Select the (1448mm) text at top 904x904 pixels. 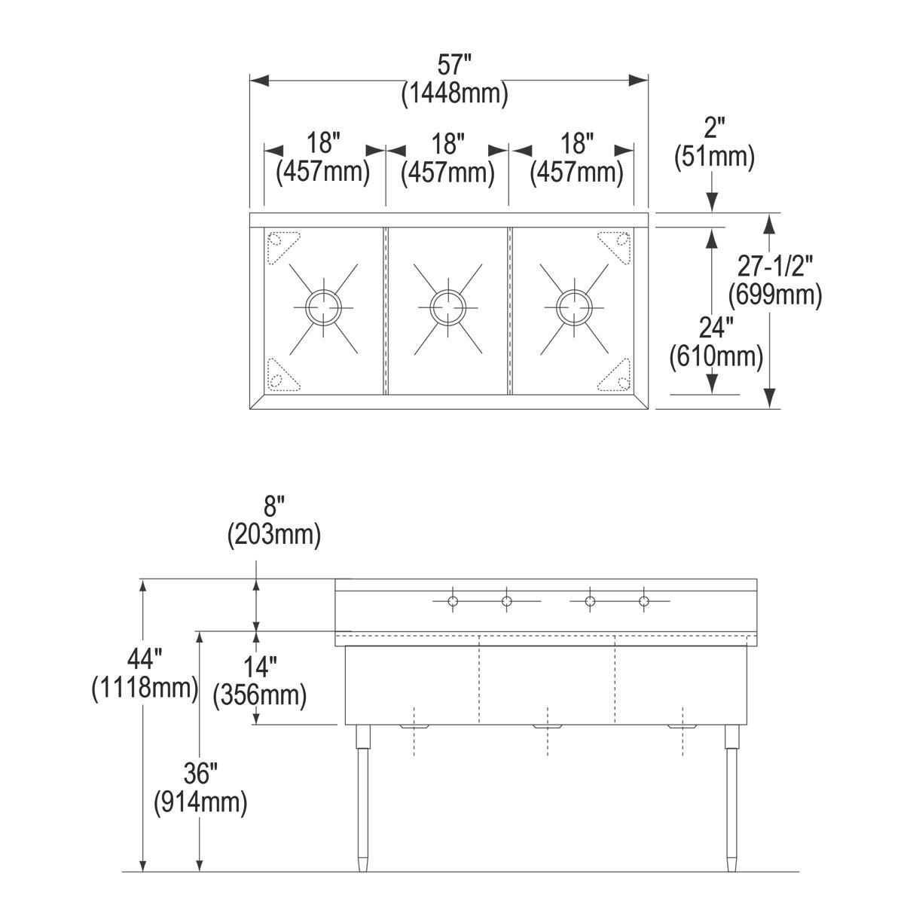pos(454,93)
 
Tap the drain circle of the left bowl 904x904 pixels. pos(323,306)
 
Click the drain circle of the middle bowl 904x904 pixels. pos(447,306)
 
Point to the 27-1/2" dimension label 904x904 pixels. pos(776,265)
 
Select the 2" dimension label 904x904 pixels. pos(712,128)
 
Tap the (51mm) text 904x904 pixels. pos(712,157)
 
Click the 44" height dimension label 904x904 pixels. pos(144,660)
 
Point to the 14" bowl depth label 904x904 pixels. pos(261,666)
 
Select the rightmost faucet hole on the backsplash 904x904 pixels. pos(643,600)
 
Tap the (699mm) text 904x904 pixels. pos(774,294)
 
